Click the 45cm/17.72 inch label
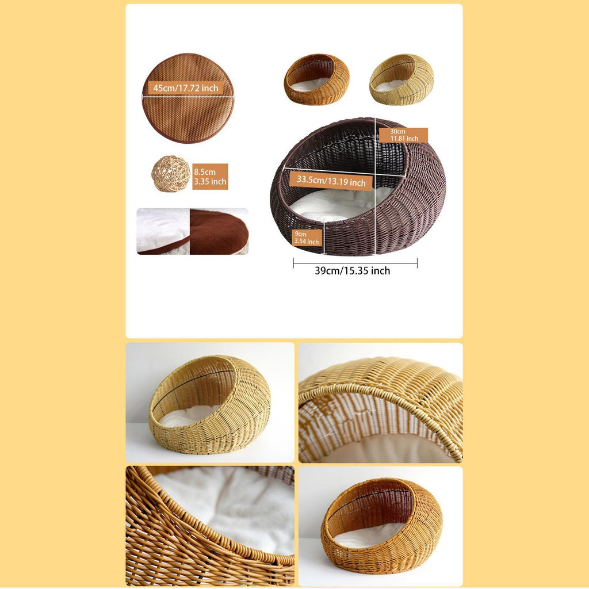pos(185,88)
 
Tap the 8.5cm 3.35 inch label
pos(210,177)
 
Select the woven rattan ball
pos(171,174)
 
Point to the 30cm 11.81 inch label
pos(403,135)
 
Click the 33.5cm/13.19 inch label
pos(331,181)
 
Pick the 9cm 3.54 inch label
pos(307,238)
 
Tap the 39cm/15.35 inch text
pos(353,271)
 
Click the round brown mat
pos(188,98)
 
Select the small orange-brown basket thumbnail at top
pos(317,79)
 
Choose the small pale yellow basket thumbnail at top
pos(401,79)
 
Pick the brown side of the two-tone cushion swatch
pos(219,231)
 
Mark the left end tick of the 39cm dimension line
pos(293,263)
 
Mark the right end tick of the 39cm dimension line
pos(418,263)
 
